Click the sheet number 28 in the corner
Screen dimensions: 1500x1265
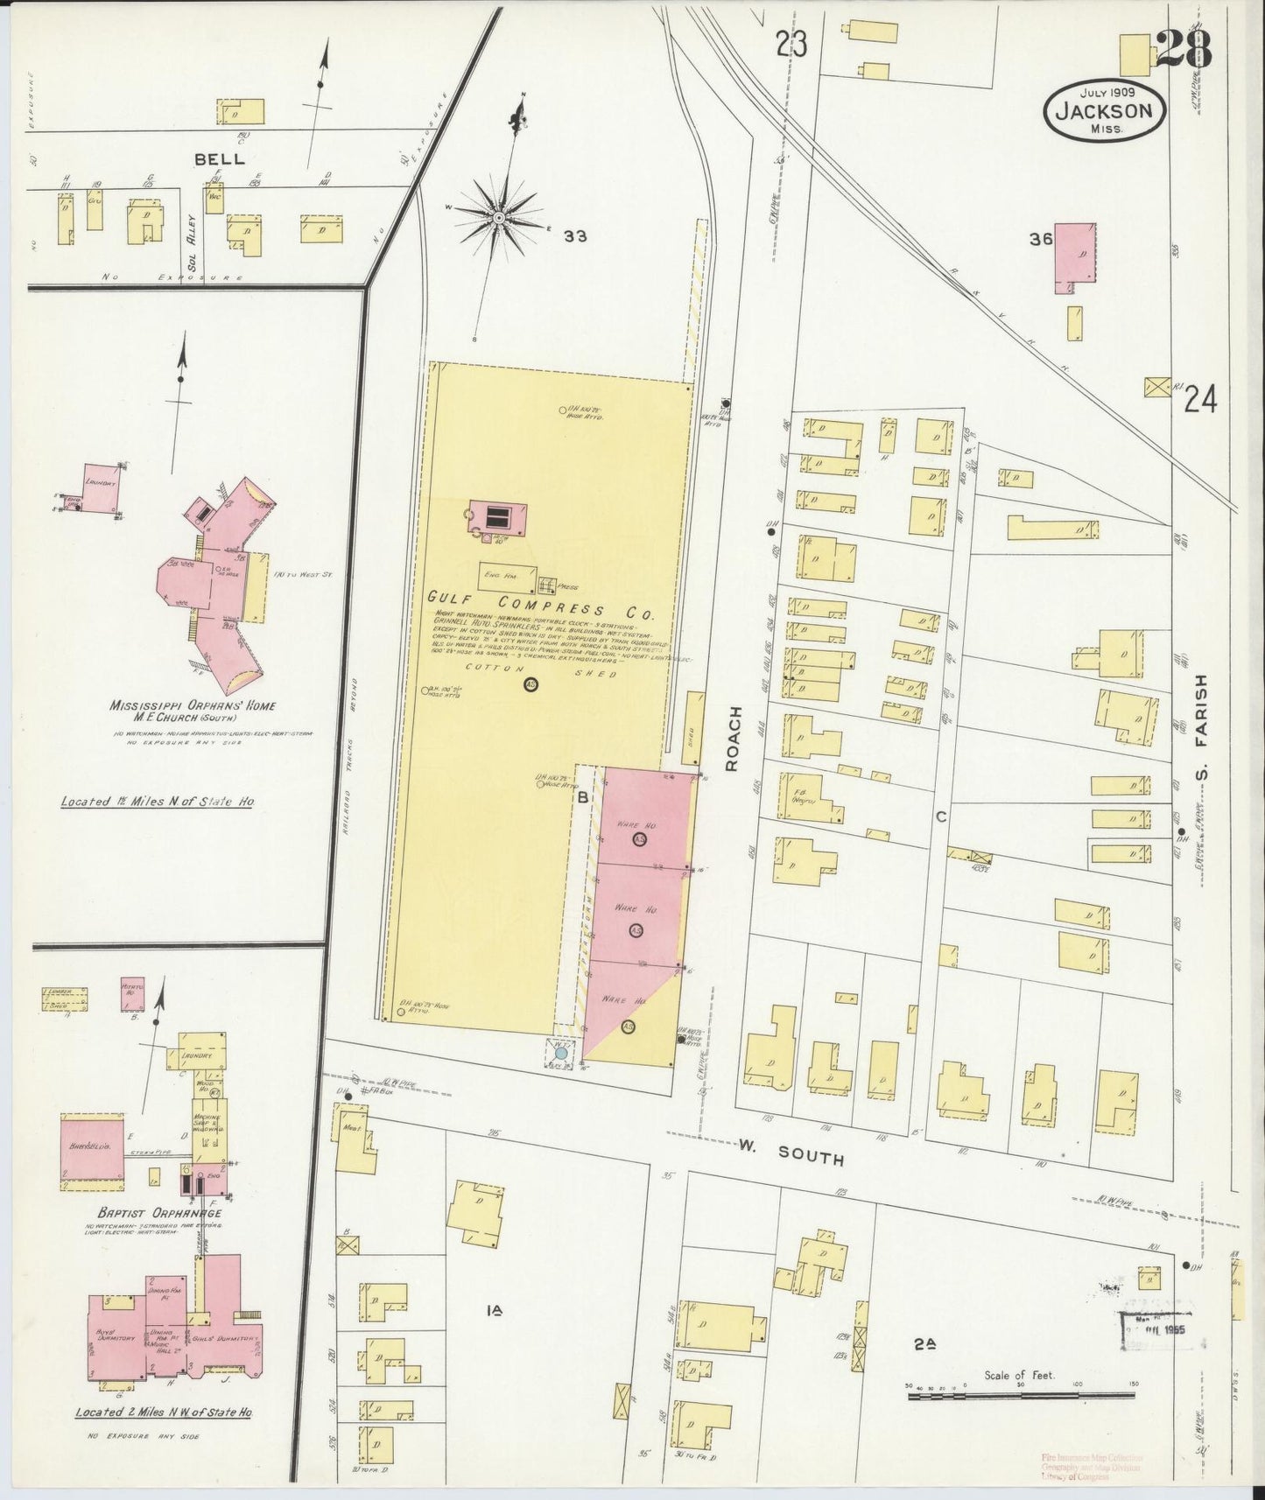point(1184,50)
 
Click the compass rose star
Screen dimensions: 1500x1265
point(498,215)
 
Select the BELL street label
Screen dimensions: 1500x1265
point(219,159)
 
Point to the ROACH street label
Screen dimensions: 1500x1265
point(733,739)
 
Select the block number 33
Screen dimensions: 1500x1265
point(574,235)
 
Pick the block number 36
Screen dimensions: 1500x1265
point(1040,239)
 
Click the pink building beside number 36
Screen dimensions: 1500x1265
point(1074,254)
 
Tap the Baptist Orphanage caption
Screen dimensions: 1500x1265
point(154,1213)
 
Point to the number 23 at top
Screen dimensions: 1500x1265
point(790,44)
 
